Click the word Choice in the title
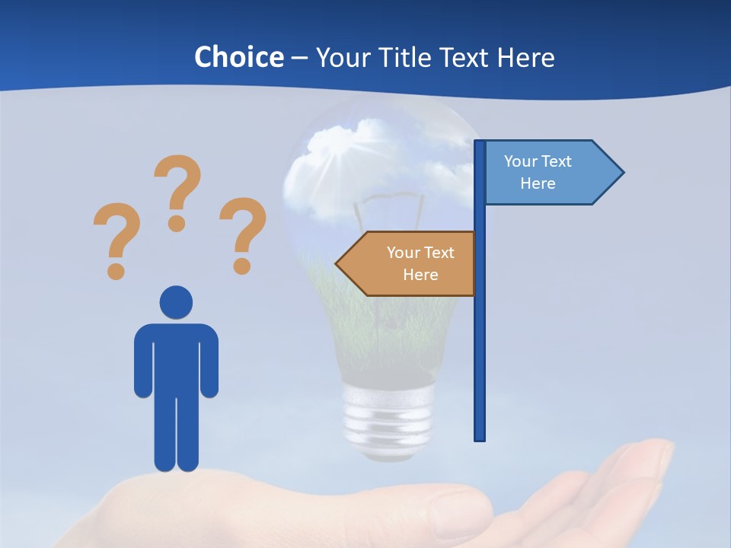[x=238, y=57]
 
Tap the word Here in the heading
[x=525, y=57]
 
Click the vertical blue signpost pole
[x=480, y=342]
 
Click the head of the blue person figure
[x=176, y=301]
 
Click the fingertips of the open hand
[x=655, y=457]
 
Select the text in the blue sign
[x=538, y=172]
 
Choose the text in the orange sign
[x=420, y=263]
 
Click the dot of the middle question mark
[x=177, y=224]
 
